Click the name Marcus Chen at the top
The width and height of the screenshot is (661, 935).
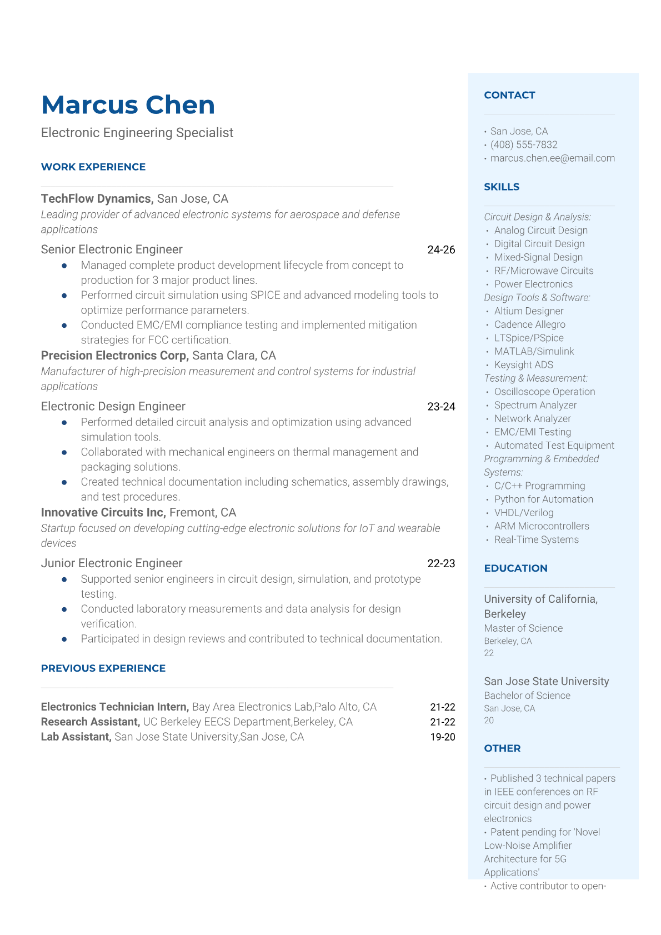point(128,105)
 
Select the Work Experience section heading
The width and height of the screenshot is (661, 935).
point(93,167)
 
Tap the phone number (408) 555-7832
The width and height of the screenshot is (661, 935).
point(523,145)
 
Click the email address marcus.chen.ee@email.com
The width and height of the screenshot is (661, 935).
point(552,158)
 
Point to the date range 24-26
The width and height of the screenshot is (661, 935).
point(441,250)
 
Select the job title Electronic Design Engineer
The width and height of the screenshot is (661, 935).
point(113,407)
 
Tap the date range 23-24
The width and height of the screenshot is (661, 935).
point(441,407)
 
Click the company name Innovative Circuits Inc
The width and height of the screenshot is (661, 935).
point(103,512)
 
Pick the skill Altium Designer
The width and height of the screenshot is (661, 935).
point(529,311)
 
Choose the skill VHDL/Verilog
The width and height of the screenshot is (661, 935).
point(524,513)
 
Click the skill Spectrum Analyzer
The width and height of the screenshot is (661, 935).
point(535,406)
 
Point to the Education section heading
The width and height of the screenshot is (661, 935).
point(515,568)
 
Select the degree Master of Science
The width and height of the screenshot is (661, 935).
point(523,628)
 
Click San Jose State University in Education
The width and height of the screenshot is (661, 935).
point(546,682)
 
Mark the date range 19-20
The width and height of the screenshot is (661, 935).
point(442,737)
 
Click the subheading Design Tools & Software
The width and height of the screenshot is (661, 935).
point(537,298)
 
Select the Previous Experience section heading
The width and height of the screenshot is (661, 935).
point(103,668)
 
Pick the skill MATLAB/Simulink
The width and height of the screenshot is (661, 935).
point(534,352)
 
